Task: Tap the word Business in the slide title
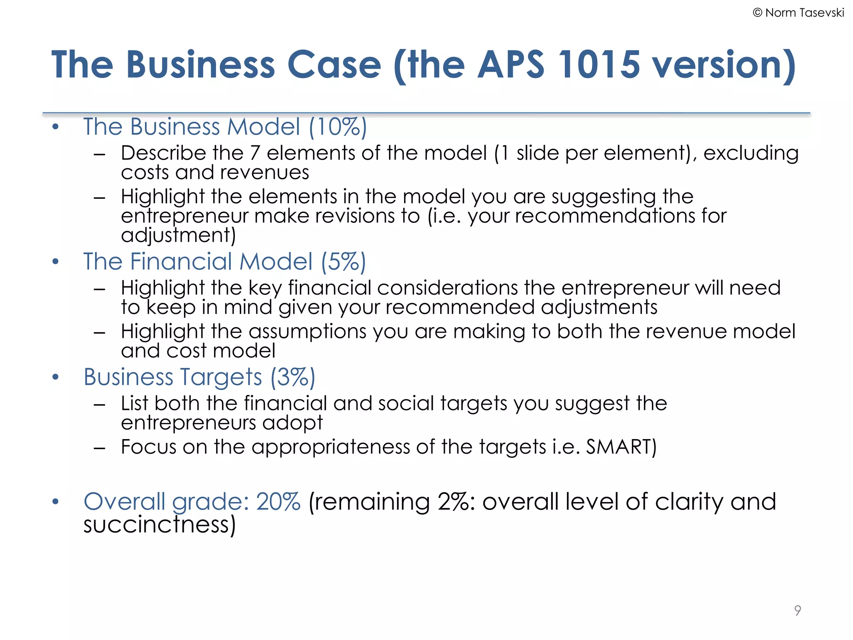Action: coord(200,65)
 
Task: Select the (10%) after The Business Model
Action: coord(338,127)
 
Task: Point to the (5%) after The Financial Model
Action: coord(343,262)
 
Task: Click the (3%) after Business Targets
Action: coord(293,377)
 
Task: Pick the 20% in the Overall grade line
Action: coord(278,501)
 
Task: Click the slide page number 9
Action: coord(797,610)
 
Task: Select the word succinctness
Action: coord(160,524)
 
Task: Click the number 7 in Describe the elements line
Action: coord(254,153)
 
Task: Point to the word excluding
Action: coord(751,153)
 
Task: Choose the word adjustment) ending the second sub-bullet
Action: coord(178,235)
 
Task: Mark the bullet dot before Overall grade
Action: coord(56,502)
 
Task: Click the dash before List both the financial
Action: coord(99,404)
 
